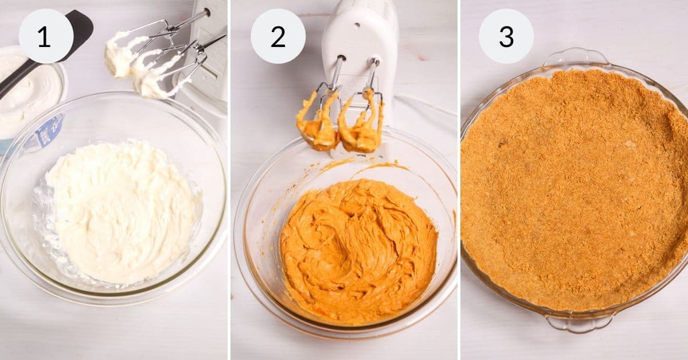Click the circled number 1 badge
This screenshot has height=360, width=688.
tap(46, 36)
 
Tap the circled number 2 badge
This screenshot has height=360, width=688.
tap(278, 36)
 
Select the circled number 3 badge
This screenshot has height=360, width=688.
tap(506, 36)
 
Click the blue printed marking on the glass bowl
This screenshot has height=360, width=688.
tap(48, 133)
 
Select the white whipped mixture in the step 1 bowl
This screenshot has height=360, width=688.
tap(120, 212)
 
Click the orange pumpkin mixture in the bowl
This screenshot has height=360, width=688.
tap(358, 252)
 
